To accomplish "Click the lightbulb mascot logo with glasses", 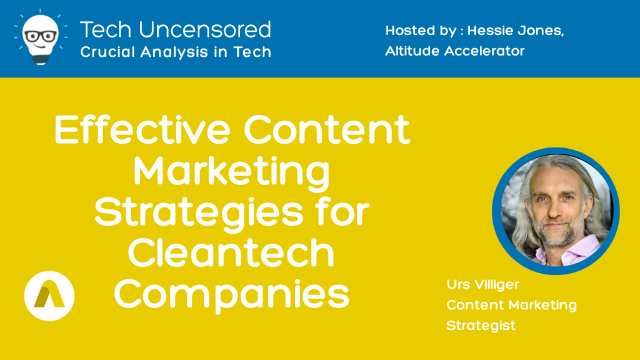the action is tap(41, 37).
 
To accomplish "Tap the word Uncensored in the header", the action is tap(204, 30).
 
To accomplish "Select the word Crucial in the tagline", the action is tap(107, 52).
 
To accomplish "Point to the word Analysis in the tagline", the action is tap(174, 52).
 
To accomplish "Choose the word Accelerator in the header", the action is tap(484, 51).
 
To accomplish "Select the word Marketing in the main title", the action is tap(231, 172).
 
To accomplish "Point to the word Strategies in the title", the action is tap(199, 212).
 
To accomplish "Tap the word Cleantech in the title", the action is tap(231, 252).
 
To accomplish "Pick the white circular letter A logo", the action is tap(49, 296).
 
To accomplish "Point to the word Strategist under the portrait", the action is tap(481, 326).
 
